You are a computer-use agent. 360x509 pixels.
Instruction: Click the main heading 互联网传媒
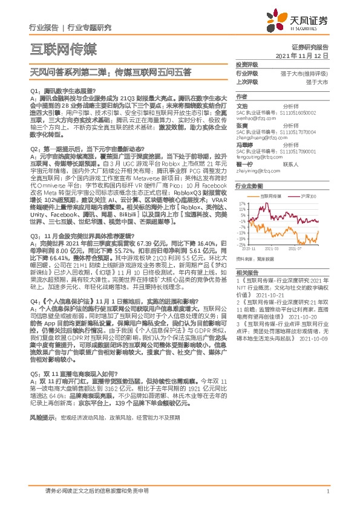pos(63,48)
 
